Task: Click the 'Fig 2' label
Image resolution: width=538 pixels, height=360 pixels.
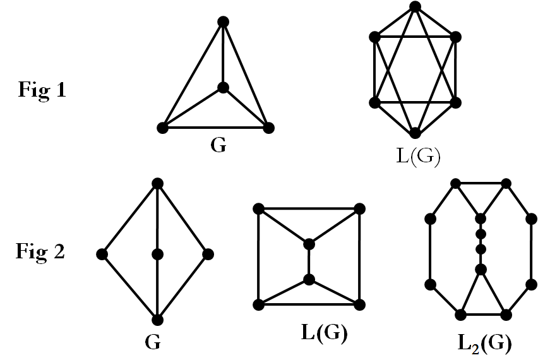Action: coord(41,251)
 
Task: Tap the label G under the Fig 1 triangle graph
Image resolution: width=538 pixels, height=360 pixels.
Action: coord(218,145)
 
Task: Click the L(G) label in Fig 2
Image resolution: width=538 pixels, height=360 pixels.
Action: coord(321,333)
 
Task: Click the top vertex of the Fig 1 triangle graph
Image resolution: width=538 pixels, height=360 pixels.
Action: coord(222,22)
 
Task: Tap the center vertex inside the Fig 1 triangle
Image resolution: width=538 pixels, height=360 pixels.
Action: coord(222,88)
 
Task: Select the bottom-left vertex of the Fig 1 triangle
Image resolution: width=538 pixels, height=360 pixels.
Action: coord(162,128)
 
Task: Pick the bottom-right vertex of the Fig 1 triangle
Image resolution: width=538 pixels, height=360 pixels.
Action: coord(268,128)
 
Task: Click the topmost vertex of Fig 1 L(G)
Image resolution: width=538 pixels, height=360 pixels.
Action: coord(415,7)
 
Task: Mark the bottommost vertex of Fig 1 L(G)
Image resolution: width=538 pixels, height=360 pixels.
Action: coord(415,133)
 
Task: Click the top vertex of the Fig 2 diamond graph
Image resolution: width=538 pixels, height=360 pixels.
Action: coord(157,183)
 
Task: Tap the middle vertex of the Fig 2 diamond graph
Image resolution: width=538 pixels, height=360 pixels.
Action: coord(157,254)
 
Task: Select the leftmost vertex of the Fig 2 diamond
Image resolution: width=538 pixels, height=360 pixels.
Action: coord(102,254)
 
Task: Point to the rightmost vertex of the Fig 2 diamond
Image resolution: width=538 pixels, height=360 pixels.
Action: coord(208,254)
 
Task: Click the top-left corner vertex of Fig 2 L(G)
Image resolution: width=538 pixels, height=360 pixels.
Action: coord(258,208)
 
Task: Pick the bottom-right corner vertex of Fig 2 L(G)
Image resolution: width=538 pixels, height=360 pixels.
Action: coord(359,304)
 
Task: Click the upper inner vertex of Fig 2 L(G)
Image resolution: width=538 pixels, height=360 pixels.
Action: coord(309,244)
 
